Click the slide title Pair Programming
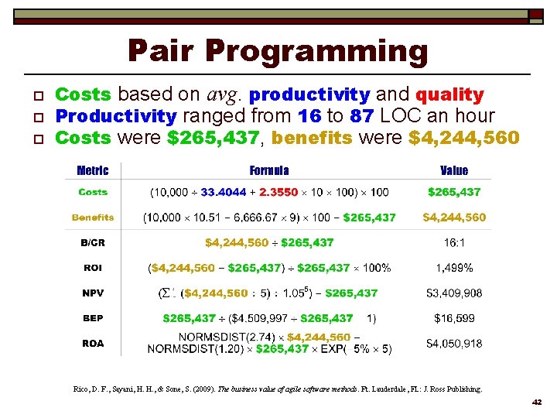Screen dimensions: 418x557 278,51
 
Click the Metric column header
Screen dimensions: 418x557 93,170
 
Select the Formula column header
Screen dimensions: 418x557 269,170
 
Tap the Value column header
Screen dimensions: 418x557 454,170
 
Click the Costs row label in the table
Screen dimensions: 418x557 93,192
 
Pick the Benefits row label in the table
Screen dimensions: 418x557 93,218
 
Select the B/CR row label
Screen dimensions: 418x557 93,243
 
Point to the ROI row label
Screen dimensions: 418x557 93,268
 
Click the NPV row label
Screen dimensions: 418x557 93,293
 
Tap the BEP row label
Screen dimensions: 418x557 93,318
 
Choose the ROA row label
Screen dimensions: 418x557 93,343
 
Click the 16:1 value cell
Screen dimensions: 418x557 454,243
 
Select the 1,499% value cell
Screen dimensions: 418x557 454,268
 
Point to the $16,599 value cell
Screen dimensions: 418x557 454,318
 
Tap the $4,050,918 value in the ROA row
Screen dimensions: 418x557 454,343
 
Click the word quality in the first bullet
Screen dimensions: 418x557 449,95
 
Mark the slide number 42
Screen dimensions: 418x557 538,403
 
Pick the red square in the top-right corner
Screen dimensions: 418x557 535,15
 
